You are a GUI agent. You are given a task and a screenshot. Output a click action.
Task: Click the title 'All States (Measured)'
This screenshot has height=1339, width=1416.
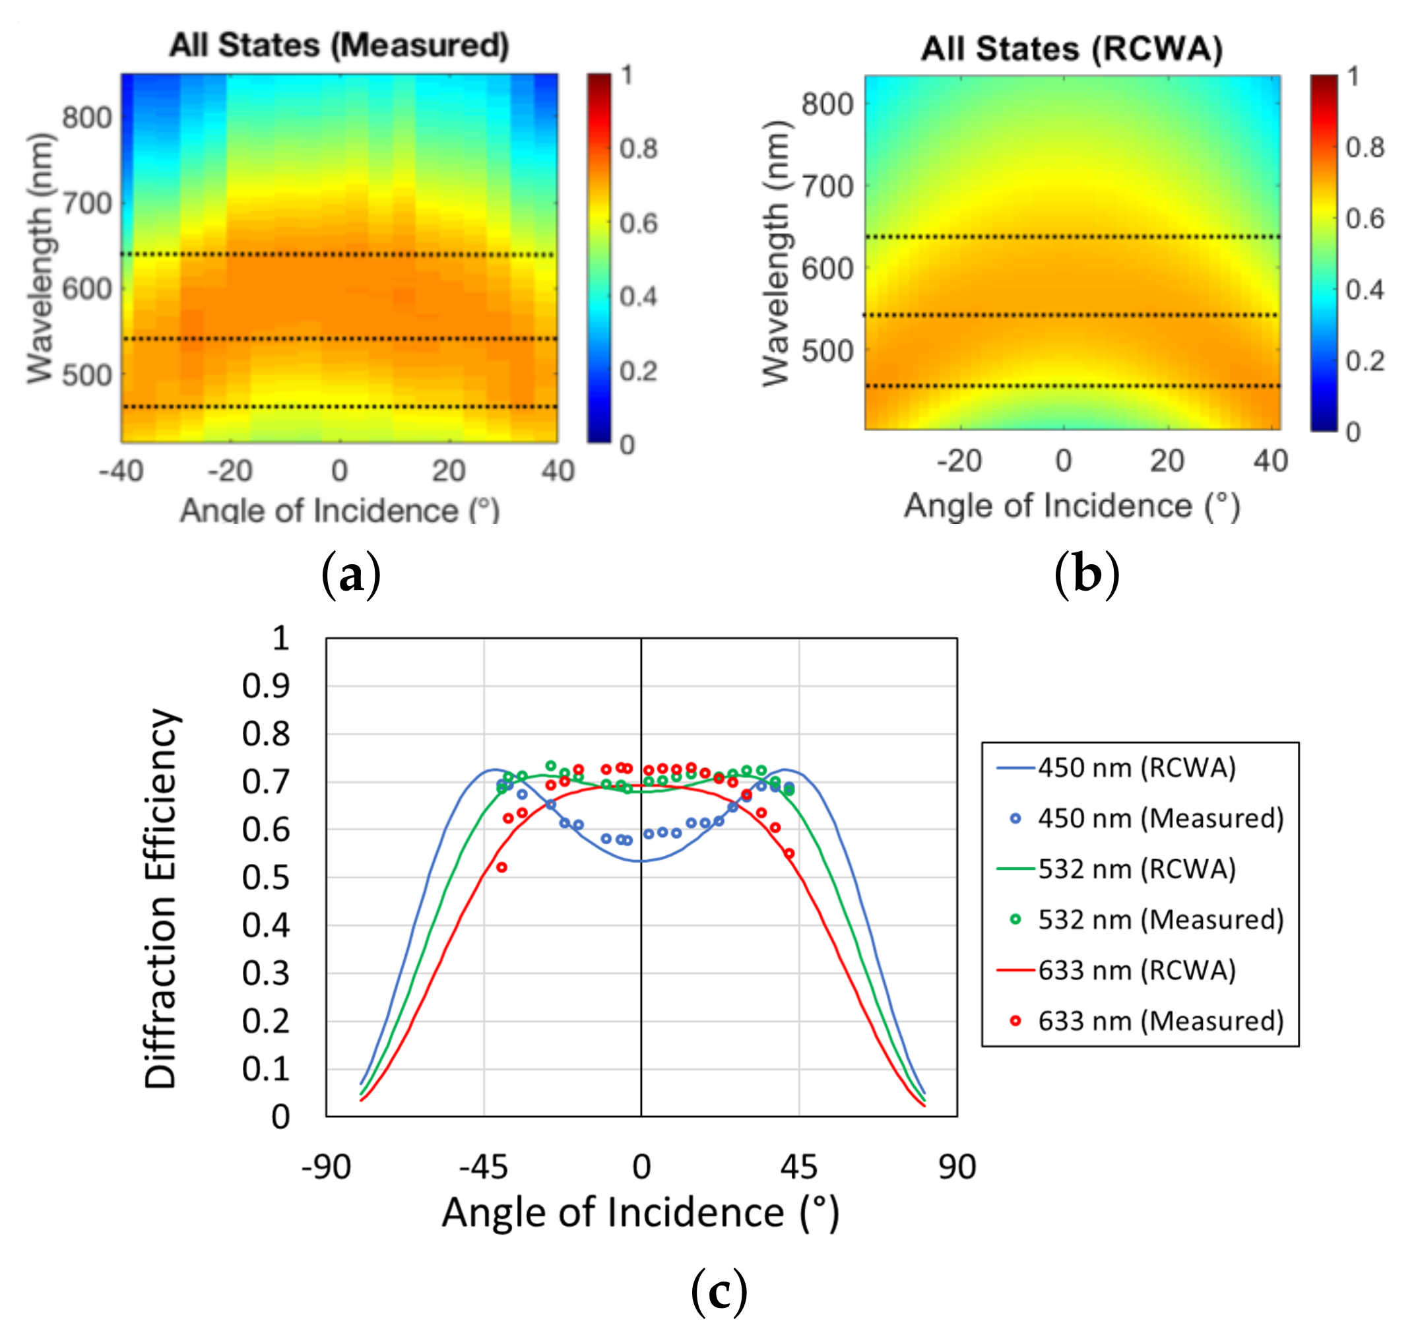[x=339, y=46]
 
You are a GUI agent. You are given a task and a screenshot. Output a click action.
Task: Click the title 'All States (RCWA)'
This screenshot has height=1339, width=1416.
[x=1072, y=49]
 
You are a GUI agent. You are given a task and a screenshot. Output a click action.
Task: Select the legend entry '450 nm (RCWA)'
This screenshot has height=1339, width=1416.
[x=1136, y=768]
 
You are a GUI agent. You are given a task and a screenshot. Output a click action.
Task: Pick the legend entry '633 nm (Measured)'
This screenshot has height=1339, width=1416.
[x=1160, y=1022]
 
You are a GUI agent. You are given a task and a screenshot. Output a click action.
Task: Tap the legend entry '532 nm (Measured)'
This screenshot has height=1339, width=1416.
[x=1160, y=920]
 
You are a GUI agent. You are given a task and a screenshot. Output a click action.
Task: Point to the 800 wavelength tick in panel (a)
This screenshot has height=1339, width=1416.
[x=87, y=117]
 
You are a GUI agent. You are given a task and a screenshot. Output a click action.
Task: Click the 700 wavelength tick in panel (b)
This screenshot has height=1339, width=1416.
[x=827, y=187]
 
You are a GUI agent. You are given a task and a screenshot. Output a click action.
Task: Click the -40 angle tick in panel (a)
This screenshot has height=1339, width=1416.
[x=121, y=471]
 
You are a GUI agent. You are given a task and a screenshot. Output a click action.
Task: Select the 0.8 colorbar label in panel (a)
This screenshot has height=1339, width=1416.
[x=638, y=149]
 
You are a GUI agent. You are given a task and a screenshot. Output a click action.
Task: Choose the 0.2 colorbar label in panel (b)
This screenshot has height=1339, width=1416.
[x=1365, y=361]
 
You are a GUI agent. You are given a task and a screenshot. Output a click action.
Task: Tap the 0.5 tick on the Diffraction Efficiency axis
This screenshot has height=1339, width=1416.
[x=265, y=878]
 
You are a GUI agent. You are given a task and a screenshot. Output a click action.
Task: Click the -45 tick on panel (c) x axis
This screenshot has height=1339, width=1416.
[x=483, y=1167]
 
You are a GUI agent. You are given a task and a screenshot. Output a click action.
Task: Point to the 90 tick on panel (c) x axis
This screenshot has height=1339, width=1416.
[x=956, y=1167]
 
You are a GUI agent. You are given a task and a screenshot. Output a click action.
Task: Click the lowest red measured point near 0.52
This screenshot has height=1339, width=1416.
[x=501, y=867]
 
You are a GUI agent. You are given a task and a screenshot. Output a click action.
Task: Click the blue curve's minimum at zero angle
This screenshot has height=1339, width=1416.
[x=641, y=861]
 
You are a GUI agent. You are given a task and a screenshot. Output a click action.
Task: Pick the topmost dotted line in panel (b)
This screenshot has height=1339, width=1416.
[x=1072, y=236]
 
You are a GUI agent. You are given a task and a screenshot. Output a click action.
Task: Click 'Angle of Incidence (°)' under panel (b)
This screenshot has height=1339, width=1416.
[x=1072, y=506]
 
